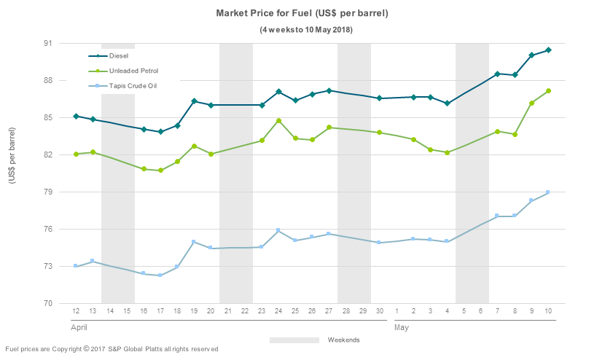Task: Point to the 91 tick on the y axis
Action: point(48,43)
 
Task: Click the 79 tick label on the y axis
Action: point(48,192)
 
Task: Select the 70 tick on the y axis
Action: point(48,303)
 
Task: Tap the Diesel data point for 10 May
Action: point(548,50)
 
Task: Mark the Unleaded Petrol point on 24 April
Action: point(278,121)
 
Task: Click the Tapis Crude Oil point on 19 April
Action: point(194,242)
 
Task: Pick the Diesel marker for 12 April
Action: point(76,117)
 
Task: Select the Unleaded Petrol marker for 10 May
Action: point(548,91)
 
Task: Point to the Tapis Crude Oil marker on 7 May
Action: point(496,216)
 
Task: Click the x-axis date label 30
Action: point(380,311)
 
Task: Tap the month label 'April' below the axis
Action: point(79,328)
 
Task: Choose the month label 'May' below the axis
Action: point(402,328)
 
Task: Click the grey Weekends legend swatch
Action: point(294,340)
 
